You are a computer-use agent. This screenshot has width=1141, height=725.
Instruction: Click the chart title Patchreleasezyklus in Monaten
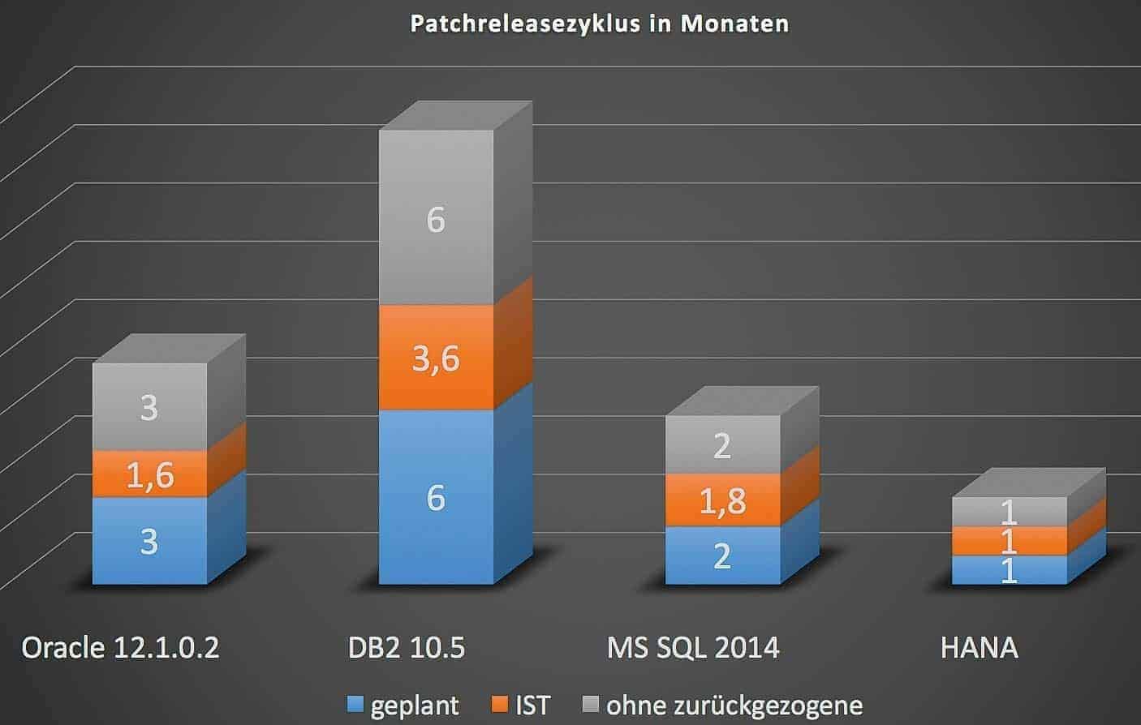pyautogui.click(x=599, y=23)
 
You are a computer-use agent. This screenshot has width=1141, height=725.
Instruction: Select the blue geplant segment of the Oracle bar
pyautogui.click(x=149, y=541)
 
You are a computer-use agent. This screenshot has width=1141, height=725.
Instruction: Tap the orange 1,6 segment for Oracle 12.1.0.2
pyautogui.click(x=149, y=474)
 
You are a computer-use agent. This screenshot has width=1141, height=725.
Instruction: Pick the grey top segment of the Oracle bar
pyautogui.click(x=149, y=407)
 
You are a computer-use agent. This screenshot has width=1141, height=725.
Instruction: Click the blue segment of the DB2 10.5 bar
pyautogui.click(x=436, y=497)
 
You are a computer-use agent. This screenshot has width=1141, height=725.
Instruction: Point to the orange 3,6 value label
pyautogui.click(x=436, y=358)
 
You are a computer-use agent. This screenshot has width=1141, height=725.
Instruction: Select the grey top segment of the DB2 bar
pyautogui.click(x=436, y=219)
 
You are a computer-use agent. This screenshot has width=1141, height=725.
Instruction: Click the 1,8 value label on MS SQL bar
pyautogui.click(x=722, y=501)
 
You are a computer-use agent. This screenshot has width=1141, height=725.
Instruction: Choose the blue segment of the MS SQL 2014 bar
pyautogui.click(x=722, y=556)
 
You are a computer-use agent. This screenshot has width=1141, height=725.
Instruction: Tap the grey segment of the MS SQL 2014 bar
pyautogui.click(x=722, y=445)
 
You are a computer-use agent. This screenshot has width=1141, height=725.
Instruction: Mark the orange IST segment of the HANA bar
pyautogui.click(x=1009, y=541)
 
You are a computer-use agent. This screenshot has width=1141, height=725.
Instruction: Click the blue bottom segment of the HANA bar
pyautogui.click(x=1009, y=570)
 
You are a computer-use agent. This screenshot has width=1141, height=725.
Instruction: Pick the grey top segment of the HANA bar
pyautogui.click(x=1009, y=512)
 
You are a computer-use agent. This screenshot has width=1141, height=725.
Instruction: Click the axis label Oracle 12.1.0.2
pyautogui.click(x=120, y=648)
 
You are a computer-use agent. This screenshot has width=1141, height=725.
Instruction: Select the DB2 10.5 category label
pyautogui.click(x=407, y=648)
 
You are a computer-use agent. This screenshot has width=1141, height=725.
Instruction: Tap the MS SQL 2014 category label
pyautogui.click(x=693, y=648)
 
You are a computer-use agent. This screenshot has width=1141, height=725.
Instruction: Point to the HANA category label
pyautogui.click(x=979, y=648)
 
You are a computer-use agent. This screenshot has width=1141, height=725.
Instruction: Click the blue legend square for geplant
pyautogui.click(x=355, y=704)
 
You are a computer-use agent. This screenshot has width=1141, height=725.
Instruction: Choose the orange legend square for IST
pyautogui.click(x=500, y=704)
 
